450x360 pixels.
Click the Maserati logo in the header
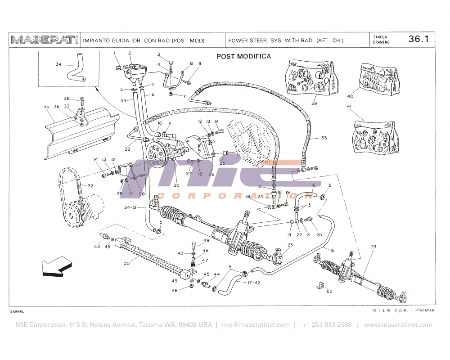coord(45,40)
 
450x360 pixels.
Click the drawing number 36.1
coord(418,39)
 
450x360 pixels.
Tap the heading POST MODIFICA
coord(243,56)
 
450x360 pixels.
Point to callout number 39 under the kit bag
coord(314,103)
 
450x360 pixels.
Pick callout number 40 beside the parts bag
coord(350,96)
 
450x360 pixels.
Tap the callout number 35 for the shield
coord(46,107)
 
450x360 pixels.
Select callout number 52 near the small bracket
coord(329,291)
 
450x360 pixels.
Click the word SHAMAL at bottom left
coord(17,311)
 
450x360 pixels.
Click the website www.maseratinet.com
coord(398,325)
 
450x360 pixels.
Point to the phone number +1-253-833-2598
coord(327,325)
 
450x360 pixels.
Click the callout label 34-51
coord(130,207)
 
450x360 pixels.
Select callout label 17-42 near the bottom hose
coord(254,283)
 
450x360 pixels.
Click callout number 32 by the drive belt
coord(90,185)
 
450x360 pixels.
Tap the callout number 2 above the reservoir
coord(130,54)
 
